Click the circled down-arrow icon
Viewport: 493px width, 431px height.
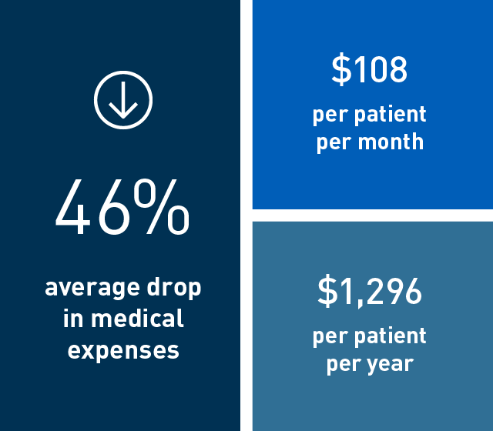pos(123,99)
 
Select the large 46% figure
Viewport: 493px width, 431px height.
pos(122,209)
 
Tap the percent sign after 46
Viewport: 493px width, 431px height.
pos(166,209)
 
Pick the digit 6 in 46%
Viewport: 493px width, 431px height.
pos(115,209)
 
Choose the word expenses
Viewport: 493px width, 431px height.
pos(123,351)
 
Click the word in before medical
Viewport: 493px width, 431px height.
pos(73,318)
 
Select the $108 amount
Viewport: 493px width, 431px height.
pos(370,70)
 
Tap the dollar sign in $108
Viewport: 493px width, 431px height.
pos(340,70)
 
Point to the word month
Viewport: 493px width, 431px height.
pos(394,142)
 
